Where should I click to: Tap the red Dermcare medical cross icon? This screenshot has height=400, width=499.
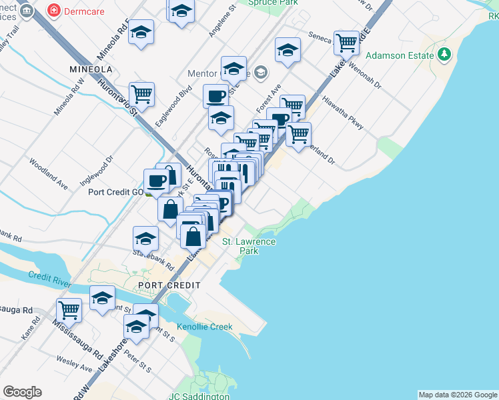(x=53, y=11)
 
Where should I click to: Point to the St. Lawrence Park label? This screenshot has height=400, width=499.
(x=248, y=246)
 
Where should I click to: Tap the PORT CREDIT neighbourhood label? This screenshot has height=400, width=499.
(x=169, y=285)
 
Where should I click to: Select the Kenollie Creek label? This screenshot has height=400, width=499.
(x=205, y=327)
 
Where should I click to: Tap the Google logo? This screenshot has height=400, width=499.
(x=22, y=392)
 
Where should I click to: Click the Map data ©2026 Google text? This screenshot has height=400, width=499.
(x=457, y=395)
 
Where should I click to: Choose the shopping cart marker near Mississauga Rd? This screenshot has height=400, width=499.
(x=69, y=309)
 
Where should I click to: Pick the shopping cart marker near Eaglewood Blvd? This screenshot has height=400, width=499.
(x=141, y=93)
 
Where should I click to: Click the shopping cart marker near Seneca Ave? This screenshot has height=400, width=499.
(x=346, y=43)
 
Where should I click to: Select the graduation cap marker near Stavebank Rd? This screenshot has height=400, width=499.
(x=145, y=238)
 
